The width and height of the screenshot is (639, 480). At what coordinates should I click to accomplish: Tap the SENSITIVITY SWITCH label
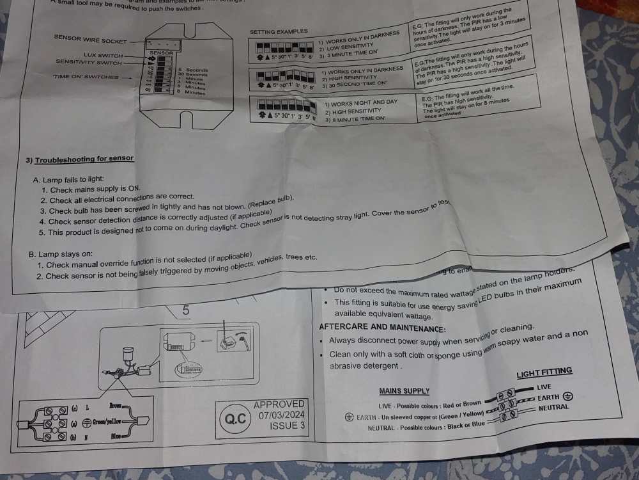[88, 62]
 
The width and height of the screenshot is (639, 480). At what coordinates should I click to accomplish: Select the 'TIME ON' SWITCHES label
[86, 77]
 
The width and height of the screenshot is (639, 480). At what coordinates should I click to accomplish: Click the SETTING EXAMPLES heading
[279, 31]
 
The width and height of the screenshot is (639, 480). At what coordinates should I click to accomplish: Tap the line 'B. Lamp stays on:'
[61, 254]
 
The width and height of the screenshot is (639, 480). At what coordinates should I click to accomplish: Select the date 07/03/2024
[279, 415]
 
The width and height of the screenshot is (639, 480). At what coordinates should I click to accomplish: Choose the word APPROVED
[279, 404]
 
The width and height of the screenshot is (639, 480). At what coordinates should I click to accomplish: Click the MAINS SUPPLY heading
[404, 391]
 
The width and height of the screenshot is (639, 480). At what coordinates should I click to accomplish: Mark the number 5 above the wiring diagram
[186, 310]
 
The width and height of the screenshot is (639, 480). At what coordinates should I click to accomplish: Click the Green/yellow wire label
[107, 422]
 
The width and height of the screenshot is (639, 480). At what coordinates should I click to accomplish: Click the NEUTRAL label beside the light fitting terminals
[553, 408]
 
